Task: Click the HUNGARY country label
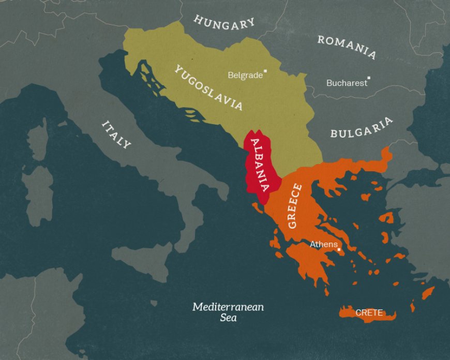[224, 22]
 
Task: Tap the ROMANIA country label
[346, 47]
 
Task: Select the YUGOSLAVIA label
[208, 87]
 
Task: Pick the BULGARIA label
[361, 128]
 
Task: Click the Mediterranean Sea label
[228, 312]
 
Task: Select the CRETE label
[369, 312]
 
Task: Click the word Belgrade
[245, 76]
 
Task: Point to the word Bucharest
[347, 83]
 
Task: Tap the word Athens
[323, 244]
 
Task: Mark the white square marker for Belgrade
[265, 71]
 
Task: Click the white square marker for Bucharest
[368, 79]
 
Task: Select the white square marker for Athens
[339, 249]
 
